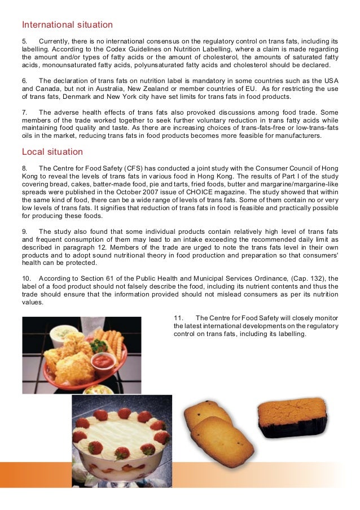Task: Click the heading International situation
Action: point(67,25)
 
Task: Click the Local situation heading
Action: point(52,152)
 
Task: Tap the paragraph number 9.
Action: point(25,232)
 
